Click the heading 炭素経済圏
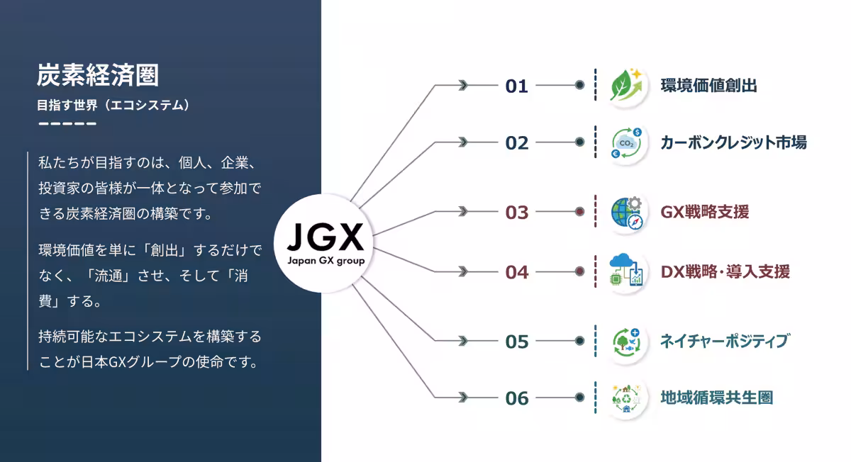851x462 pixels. (x=98, y=74)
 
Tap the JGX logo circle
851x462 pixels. (x=326, y=241)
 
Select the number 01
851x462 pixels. (x=517, y=86)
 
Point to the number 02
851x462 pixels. (x=517, y=143)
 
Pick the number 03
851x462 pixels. (x=517, y=212)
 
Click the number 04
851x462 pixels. (x=517, y=272)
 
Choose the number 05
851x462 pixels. (x=517, y=342)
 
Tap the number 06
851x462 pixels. (x=517, y=398)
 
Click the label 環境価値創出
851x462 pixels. (x=708, y=86)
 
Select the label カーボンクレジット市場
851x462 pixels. (x=733, y=142)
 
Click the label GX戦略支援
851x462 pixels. (x=704, y=211)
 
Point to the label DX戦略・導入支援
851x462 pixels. (x=725, y=271)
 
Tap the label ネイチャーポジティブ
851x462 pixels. (x=724, y=341)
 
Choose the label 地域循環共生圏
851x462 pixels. (x=716, y=398)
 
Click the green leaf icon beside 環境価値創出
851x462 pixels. (x=627, y=86)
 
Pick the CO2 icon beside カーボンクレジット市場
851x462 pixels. (x=627, y=142)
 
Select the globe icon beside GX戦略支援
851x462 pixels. (x=627, y=212)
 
